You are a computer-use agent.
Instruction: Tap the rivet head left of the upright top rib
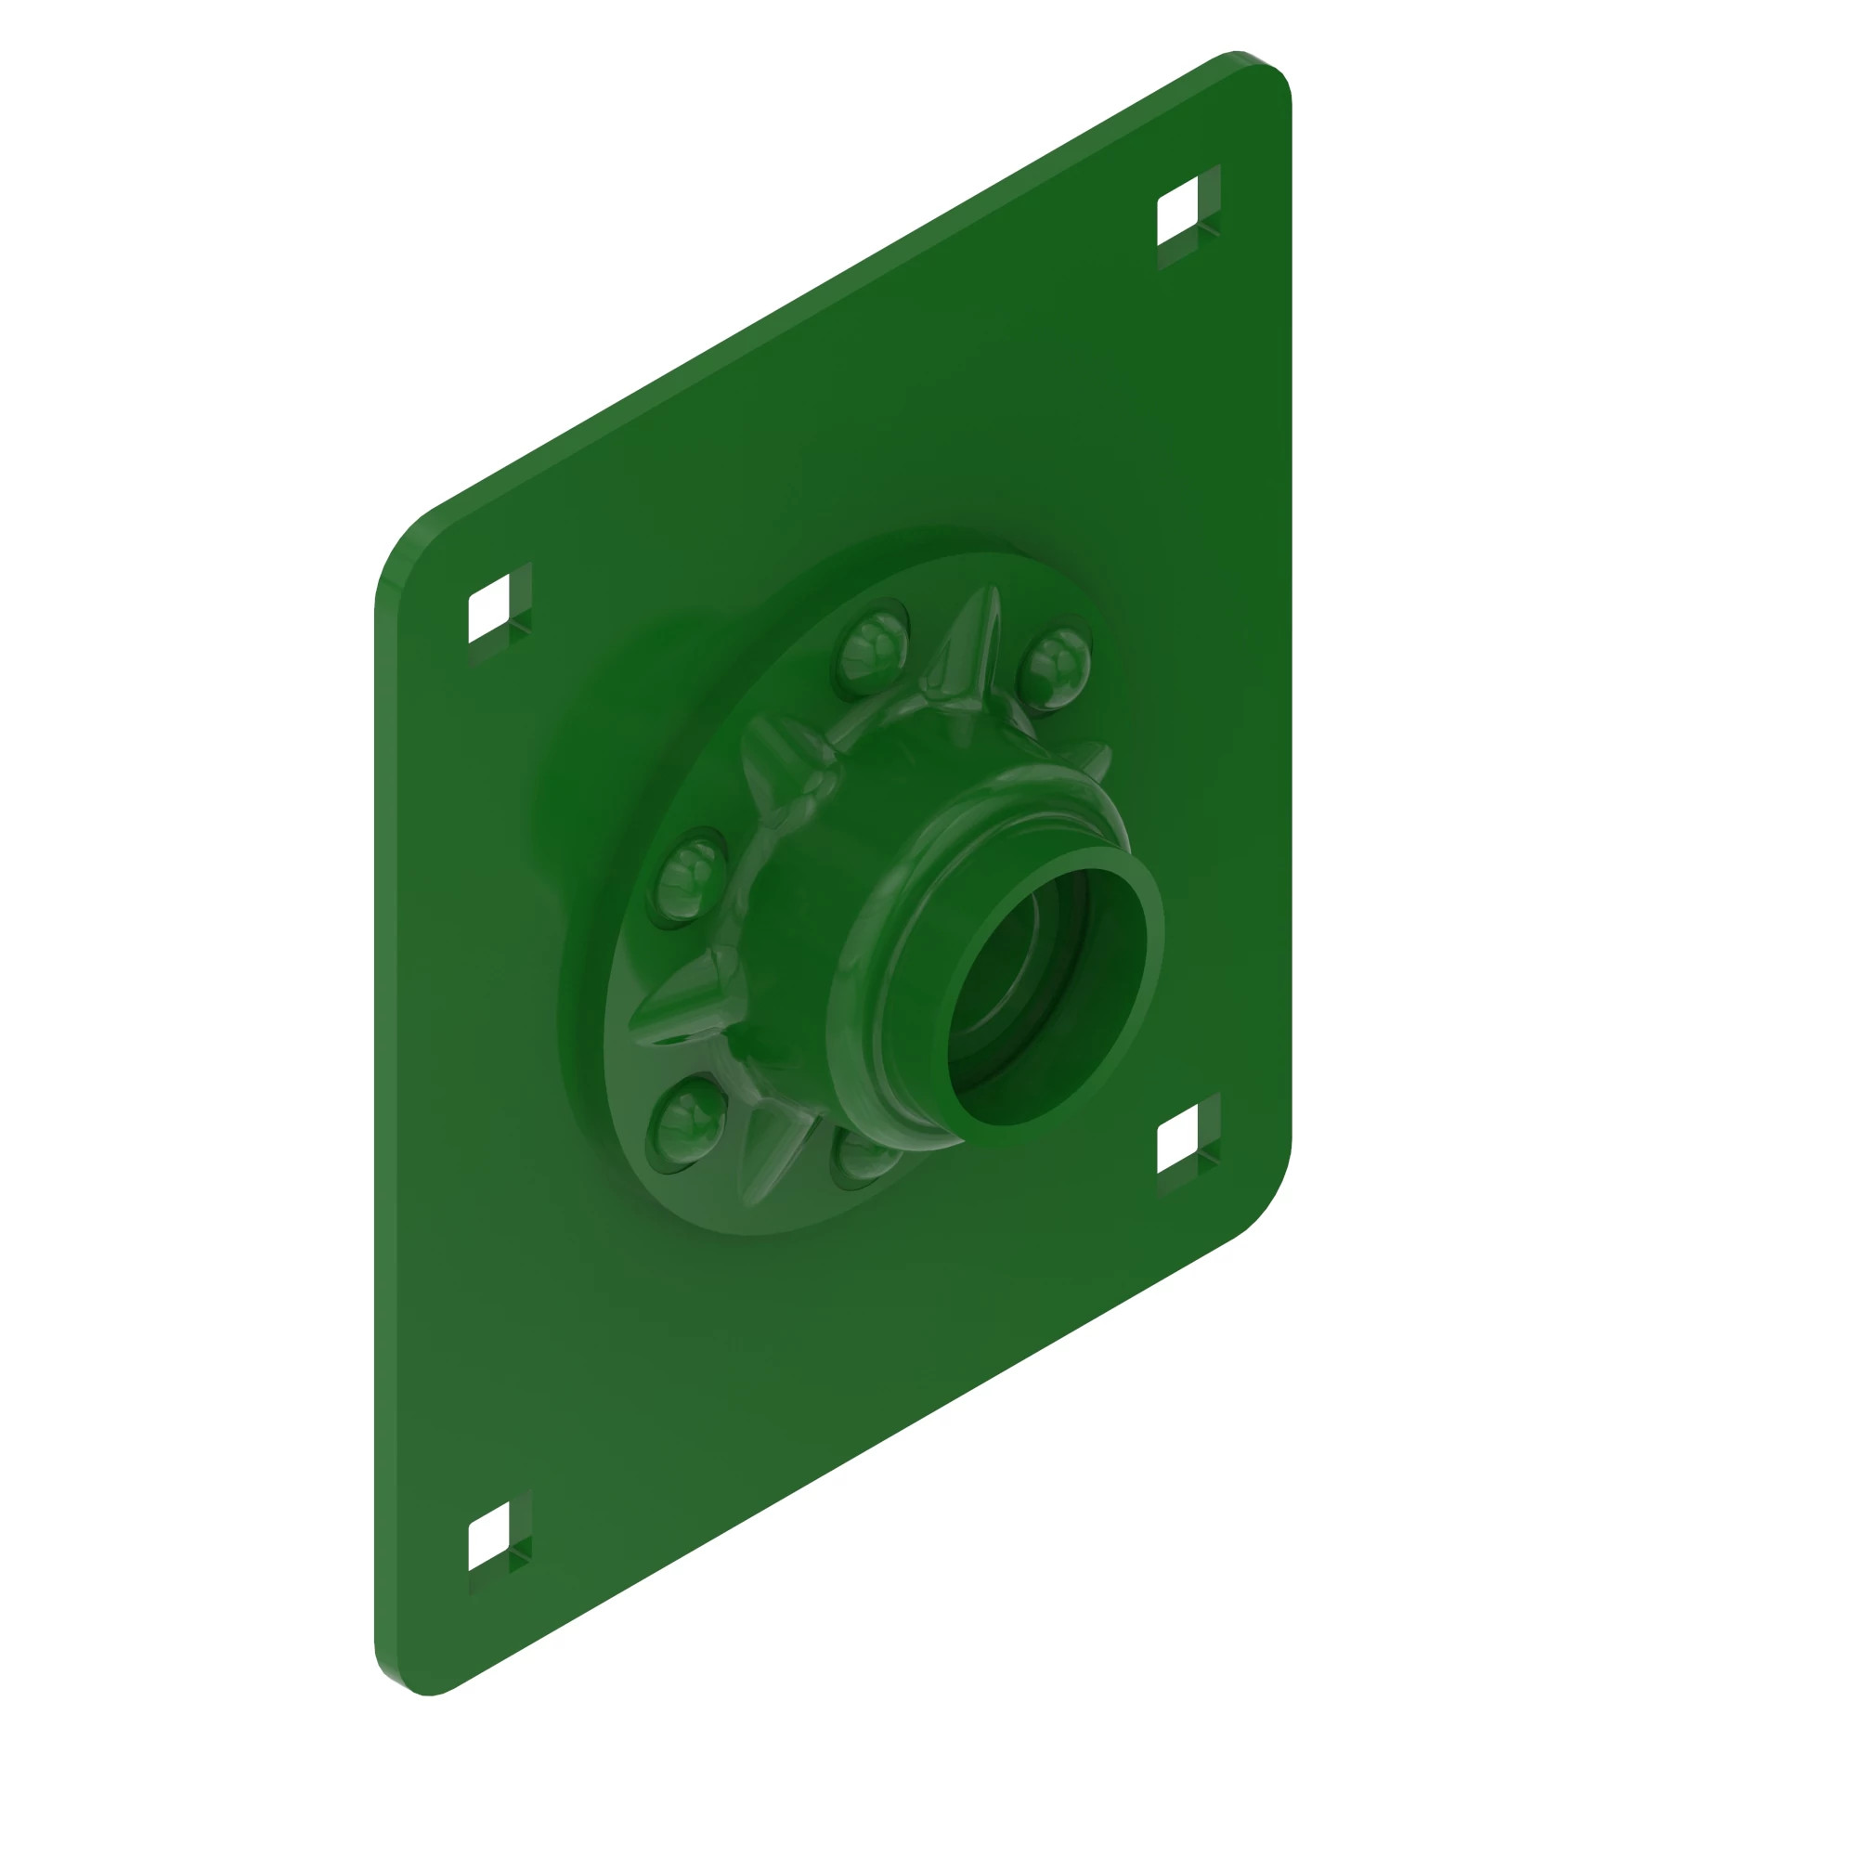872,647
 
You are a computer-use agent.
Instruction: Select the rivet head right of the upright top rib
1054,667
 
